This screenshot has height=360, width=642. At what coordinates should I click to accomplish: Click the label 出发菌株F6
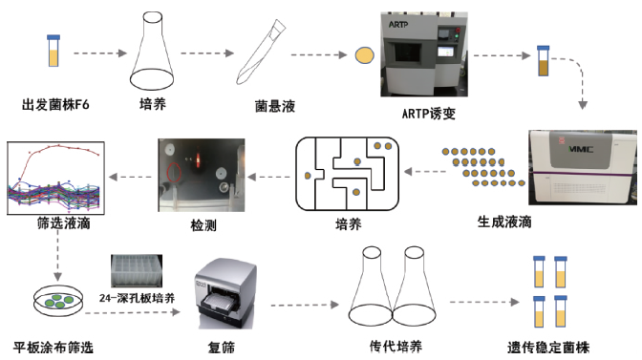(x=55, y=105)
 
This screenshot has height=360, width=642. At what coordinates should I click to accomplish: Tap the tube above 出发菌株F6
(x=53, y=51)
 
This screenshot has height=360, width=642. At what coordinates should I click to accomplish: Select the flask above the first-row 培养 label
(x=152, y=51)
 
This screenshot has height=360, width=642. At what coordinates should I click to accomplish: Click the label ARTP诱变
(x=429, y=113)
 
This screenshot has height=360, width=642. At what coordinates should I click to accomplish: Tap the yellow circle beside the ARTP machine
(x=364, y=55)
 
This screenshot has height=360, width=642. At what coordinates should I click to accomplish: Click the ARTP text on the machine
(x=398, y=25)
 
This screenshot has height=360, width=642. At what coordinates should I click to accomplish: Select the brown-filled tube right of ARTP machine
(x=544, y=60)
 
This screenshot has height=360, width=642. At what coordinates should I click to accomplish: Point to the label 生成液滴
(x=504, y=222)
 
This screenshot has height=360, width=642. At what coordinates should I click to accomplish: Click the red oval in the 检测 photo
(x=174, y=172)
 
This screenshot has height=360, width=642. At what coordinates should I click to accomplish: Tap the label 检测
(x=203, y=224)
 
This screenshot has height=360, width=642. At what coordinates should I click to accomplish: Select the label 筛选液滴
(x=63, y=223)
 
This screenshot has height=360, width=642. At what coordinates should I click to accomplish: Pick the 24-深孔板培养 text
(x=138, y=298)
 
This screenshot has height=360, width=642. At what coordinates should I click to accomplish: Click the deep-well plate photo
(x=137, y=271)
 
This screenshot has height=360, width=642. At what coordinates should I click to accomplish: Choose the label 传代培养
(x=396, y=346)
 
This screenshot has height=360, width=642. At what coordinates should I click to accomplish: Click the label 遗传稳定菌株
(x=548, y=348)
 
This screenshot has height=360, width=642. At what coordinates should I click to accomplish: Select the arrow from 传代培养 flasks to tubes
(x=484, y=302)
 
